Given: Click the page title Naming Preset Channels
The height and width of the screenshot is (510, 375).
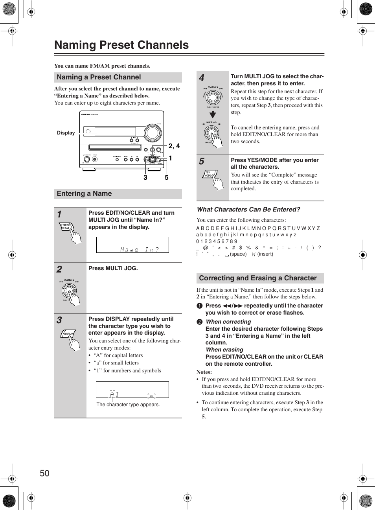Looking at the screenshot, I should [x=121, y=45].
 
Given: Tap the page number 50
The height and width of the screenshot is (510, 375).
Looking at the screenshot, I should [x=44, y=473].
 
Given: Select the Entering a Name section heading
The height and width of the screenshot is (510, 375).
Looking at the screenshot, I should [x=84, y=193].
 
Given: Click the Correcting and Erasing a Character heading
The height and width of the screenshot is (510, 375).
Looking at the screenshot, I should [x=257, y=278].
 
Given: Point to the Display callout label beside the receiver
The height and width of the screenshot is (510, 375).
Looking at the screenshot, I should [x=66, y=133].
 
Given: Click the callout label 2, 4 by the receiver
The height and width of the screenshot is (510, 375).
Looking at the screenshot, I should [x=174, y=146].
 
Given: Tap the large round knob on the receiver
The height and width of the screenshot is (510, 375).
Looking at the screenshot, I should [x=153, y=133].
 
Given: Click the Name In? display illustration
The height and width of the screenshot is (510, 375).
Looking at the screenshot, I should [x=132, y=245].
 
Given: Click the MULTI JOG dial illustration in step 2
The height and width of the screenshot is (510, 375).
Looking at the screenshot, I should [x=69, y=291].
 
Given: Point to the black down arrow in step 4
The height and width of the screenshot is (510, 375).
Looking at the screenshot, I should [x=213, y=114].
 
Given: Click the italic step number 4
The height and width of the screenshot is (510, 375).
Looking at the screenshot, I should [x=202, y=78].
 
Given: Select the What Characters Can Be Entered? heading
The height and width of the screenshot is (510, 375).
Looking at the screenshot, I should [x=248, y=209].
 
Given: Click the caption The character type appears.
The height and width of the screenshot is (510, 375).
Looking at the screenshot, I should [x=128, y=405].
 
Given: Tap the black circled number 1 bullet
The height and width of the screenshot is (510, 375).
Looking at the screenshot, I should [x=200, y=306].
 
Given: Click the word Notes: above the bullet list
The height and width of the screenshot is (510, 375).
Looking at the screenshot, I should [x=204, y=372].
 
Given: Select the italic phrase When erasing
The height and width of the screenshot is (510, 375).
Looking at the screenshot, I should [x=224, y=350].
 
